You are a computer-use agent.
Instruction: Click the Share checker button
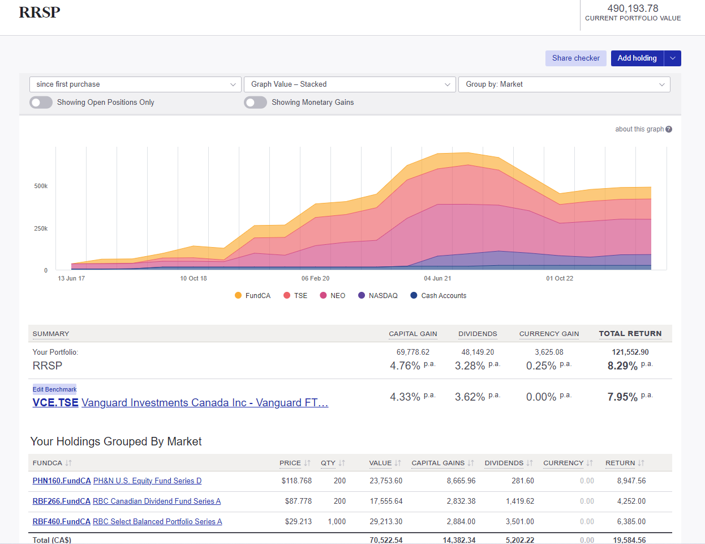coord(575,58)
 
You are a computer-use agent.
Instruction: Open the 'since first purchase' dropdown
coord(135,84)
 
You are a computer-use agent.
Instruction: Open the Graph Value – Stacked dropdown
coord(350,84)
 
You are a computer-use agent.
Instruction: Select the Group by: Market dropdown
coord(564,84)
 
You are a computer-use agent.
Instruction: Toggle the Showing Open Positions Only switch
coord(41,103)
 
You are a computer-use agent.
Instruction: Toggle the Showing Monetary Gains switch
coord(256,103)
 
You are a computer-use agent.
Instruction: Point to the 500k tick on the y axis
coord(41,186)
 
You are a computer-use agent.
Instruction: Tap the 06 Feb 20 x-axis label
coord(315,278)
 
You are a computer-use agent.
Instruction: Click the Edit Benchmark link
coord(54,389)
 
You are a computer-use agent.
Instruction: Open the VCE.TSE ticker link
coord(55,403)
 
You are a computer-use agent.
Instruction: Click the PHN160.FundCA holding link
coord(62,481)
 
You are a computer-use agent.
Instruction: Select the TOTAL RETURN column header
coord(630,334)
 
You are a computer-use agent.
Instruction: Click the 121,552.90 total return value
coord(630,352)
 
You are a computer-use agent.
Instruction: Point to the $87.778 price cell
coord(298,501)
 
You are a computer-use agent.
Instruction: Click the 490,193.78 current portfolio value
coord(633,8)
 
